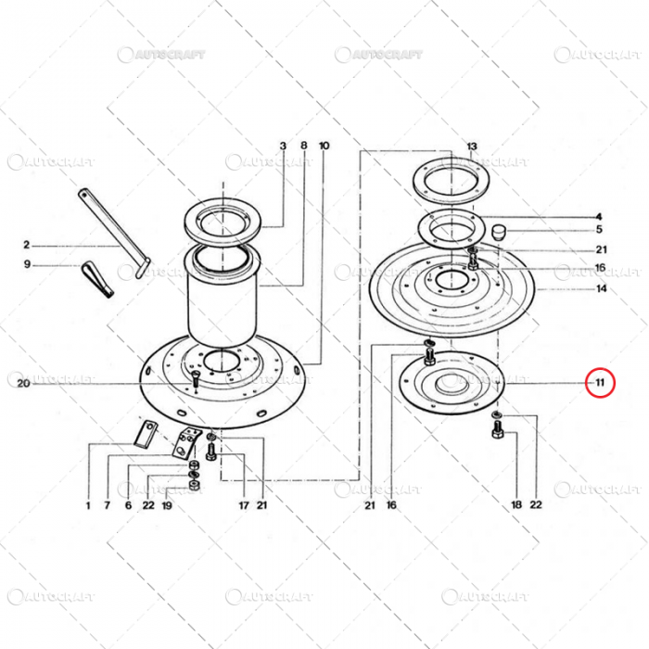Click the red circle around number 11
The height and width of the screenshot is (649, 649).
click(600, 381)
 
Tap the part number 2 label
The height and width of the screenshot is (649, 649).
click(27, 246)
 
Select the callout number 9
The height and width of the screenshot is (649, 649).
click(27, 265)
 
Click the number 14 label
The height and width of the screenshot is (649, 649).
click(601, 289)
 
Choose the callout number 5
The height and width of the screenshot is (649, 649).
click(599, 229)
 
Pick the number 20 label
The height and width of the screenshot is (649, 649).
click(21, 384)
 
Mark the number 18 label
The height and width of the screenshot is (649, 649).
click(516, 505)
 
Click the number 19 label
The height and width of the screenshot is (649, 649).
click(168, 505)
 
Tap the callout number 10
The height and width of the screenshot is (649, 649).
click(324, 146)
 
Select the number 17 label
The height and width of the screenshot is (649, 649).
click(243, 505)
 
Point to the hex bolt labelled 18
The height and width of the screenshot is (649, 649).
click(498, 432)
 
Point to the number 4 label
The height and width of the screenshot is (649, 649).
click(599, 216)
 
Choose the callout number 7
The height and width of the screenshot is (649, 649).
click(108, 505)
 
